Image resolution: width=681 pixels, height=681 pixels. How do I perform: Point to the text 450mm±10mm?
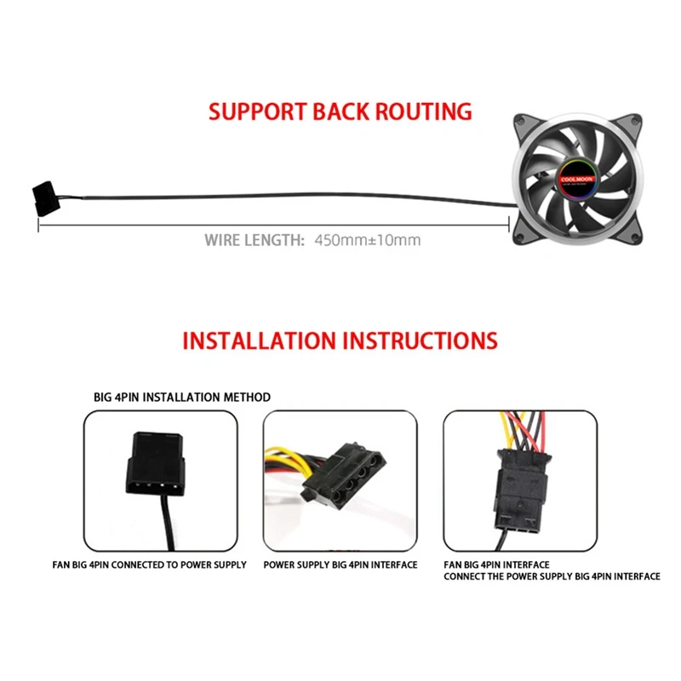pyautogui.click(x=368, y=240)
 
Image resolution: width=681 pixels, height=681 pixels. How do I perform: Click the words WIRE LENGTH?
pyautogui.click(x=254, y=240)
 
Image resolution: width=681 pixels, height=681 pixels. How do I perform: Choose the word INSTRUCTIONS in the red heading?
pyautogui.click(x=420, y=340)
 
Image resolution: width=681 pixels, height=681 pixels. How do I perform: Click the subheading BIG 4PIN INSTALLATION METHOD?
pyautogui.click(x=182, y=397)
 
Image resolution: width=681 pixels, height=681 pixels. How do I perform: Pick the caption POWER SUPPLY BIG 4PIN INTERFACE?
pyautogui.click(x=340, y=564)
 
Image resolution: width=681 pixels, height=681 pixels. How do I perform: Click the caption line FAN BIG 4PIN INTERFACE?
pyautogui.click(x=497, y=564)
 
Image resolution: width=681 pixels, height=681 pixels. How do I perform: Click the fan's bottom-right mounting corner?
pyautogui.click(x=655, y=240)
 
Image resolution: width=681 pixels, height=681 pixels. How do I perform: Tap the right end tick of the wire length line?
pyautogui.click(x=509, y=223)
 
